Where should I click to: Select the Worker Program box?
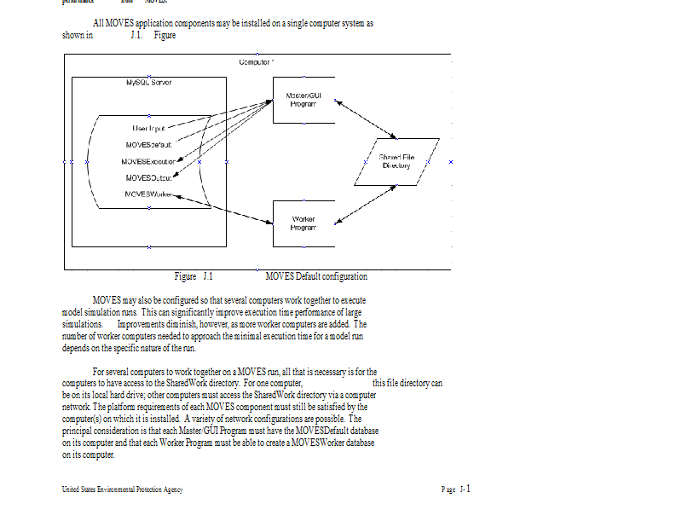click(x=303, y=223)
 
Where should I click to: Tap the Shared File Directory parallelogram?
click(x=397, y=161)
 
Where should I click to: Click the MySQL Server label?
click(x=148, y=83)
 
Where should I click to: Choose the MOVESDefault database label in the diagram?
click(x=149, y=144)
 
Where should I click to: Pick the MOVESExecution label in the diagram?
click(x=149, y=161)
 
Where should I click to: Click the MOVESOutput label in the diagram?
click(x=149, y=177)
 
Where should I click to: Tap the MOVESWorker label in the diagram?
click(x=149, y=194)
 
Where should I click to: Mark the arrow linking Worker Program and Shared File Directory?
click(x=365, y=205)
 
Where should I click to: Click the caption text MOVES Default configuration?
click(x=316, y=276)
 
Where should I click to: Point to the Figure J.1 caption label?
click(x=194, y=276)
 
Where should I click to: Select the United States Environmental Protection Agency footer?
click(x=122, y=489)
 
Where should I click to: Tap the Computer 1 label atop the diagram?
click(x=256, y=62)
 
